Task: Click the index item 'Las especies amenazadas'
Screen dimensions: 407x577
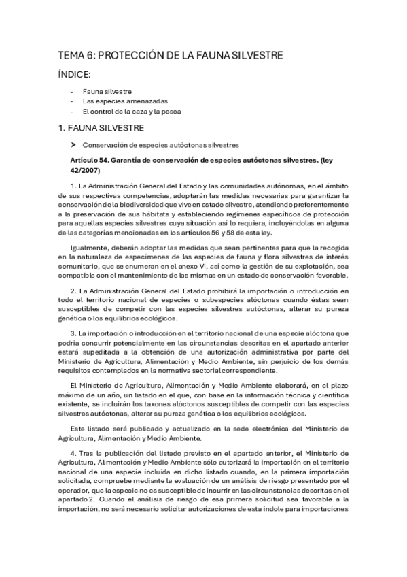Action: (x=120, y=101)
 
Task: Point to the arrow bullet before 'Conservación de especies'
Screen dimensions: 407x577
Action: (x=73, y=144)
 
